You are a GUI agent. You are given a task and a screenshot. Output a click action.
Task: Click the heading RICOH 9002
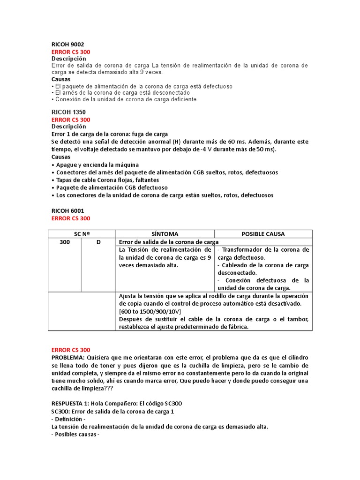click(x=67, y=45)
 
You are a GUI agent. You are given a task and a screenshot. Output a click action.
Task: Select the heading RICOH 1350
click(x=67, y=112)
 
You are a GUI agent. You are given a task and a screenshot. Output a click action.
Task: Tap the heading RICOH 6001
click(x=67, y=211)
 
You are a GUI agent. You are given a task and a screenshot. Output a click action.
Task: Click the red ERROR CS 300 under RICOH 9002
click(x=71, y=52)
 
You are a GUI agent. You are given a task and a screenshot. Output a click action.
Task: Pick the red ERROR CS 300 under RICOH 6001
click(x=71, y=218)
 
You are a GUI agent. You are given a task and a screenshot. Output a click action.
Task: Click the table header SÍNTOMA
click(x=165, y=234)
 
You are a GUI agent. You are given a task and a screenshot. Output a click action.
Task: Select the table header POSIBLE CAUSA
click(x=263, y=234)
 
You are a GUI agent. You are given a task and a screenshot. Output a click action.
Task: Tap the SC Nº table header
click(x=82, y=234)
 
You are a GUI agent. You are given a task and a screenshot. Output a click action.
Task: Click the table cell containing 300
click(x=65, y=242)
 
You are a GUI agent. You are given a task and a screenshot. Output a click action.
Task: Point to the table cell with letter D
click(x=98, y=242)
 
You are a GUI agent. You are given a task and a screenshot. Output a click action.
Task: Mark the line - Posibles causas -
click(x=75, y=434)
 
